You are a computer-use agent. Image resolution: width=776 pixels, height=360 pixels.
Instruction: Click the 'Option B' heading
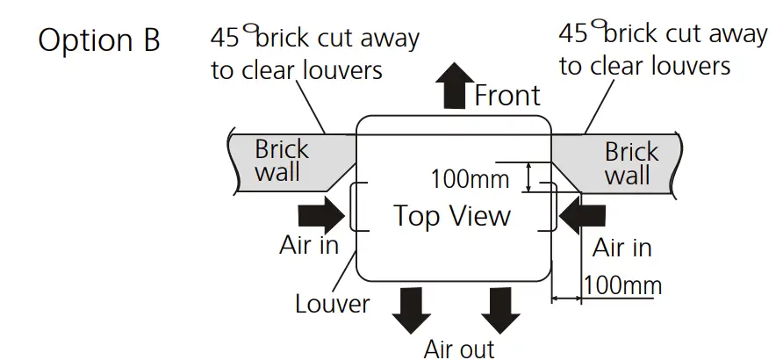coord(99,41)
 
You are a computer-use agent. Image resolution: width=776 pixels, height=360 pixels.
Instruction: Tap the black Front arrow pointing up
coord(453,85)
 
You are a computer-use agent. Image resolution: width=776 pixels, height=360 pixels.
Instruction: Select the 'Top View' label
coord(452,215)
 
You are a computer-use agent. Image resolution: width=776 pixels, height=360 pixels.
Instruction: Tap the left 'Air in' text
coord(309,245)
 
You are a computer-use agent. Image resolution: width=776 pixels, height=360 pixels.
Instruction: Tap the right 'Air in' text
coord(622,248)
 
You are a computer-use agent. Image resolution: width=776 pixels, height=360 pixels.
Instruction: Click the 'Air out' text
coord(458,349)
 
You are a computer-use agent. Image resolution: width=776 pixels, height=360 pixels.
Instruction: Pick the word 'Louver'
coord(332,304)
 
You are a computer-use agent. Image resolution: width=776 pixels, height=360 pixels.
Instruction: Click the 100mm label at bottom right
coord(622,284)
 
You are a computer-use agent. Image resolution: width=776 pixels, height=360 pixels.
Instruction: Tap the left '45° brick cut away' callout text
coord(314,54)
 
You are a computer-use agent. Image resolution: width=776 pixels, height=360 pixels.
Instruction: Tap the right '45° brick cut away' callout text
coord(663,49)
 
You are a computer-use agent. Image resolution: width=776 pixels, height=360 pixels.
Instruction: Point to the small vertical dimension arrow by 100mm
coord(528,176)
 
